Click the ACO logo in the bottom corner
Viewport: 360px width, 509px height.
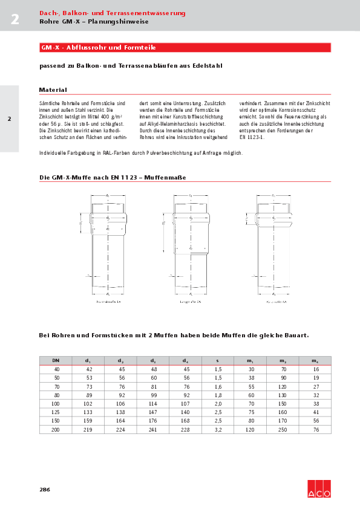tap(318, 488)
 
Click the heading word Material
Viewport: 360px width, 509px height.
tap(53, 89)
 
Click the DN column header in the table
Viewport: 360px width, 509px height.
tap(56, 360)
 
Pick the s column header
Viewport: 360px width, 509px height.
tap(218, 360)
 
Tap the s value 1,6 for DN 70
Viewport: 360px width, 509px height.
tap(218, 386)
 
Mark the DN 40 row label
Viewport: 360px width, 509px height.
tap(57, 369)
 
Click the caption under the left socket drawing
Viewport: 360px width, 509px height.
tap(108, 300)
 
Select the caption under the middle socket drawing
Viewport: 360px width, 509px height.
tap(189, 300)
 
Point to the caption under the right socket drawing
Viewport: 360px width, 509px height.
tap(275, 300)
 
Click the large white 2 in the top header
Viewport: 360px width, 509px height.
tap(15, 19)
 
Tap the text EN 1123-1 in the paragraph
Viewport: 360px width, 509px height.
tap(252, 137)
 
